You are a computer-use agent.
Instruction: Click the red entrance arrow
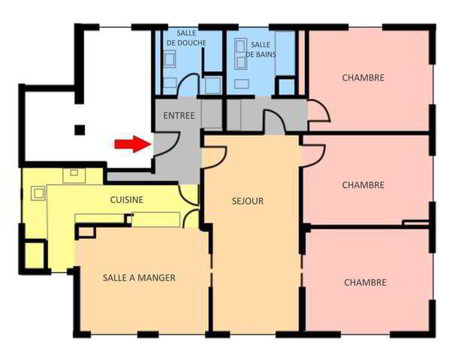[x=133, y=144]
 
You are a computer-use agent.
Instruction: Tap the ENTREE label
[x=179, y=116]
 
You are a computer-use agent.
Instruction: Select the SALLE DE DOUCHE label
[x=186, y=38]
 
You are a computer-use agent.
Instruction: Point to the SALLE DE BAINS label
[x=261, y=50]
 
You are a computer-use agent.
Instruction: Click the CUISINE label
[x=127, y=200]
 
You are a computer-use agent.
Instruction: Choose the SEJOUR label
[x=248, y=201]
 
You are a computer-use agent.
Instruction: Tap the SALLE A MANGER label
[x=139, y=277]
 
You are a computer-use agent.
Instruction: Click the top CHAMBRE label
[x=364, y=77]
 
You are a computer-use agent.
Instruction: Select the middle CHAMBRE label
[x=364, y=185]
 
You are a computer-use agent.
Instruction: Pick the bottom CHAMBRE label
[x=365, y=283]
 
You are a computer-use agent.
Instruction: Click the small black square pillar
[x=80, y=130]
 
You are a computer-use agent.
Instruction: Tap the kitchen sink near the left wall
[x=38, y=192]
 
